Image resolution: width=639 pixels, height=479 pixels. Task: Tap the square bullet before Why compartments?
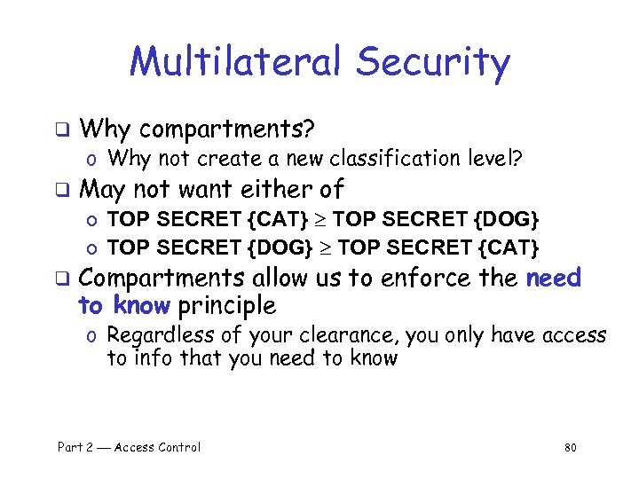(x=62, y=129)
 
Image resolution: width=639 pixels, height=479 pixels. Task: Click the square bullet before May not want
(x=62, y=189)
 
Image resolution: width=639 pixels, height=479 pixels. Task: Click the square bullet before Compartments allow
(x=62, y=279)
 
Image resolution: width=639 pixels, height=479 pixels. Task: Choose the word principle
(x=226, y=306)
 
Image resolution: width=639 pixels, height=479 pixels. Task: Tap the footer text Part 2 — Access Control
(x=129, y=447)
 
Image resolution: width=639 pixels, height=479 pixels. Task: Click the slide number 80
(x=570, y=448)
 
